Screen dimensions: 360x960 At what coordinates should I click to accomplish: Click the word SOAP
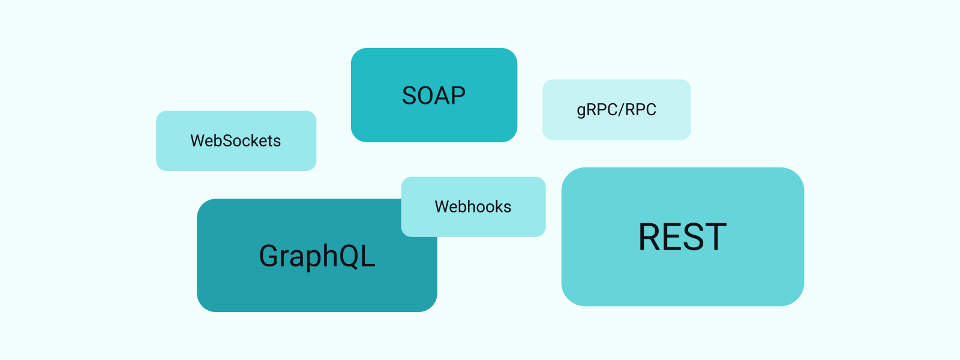434,96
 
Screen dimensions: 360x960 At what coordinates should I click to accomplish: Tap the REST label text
682,237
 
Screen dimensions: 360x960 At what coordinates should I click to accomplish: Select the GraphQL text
317,256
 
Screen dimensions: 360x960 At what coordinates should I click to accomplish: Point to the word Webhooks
473,207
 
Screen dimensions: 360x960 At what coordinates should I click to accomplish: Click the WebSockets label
235,141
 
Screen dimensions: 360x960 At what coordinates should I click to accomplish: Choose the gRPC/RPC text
616,110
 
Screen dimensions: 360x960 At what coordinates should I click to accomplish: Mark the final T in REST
716,237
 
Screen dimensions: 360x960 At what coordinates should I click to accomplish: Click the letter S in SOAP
410,96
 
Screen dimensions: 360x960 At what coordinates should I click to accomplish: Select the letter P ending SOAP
458,96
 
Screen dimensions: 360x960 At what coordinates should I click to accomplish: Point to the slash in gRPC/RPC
622,110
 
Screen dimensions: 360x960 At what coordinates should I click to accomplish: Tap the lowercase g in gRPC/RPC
581,112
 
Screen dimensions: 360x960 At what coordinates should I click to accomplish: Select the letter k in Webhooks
495,207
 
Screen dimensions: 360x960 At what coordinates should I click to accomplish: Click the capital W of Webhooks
442,207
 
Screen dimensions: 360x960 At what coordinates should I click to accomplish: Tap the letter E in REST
674,237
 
